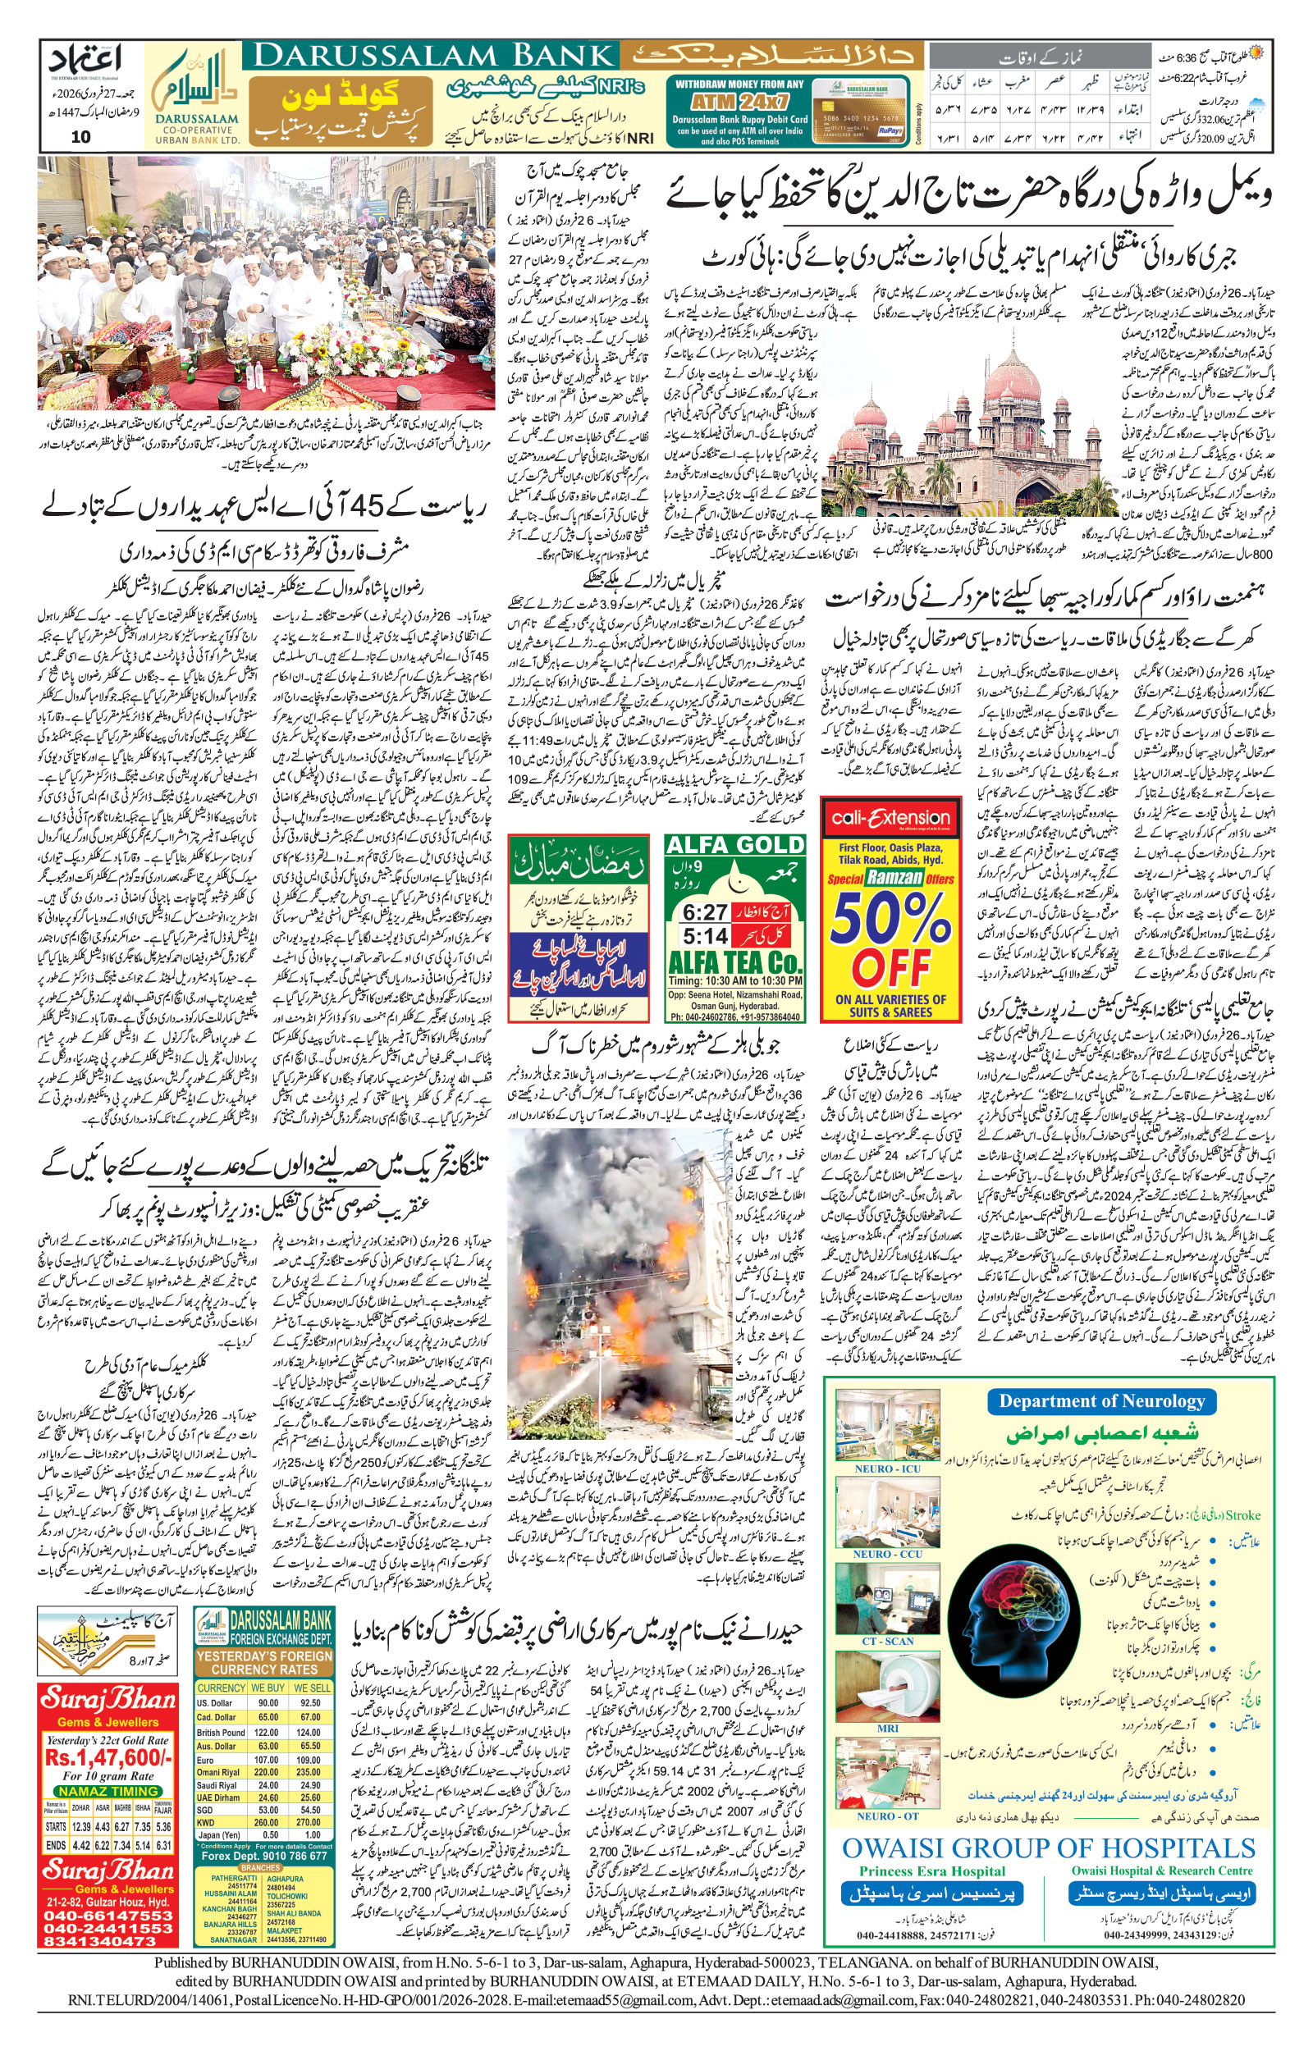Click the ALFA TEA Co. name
click(735, 963)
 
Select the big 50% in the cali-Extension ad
click(891, 920)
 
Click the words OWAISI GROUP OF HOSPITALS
click(1049, 1848)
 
